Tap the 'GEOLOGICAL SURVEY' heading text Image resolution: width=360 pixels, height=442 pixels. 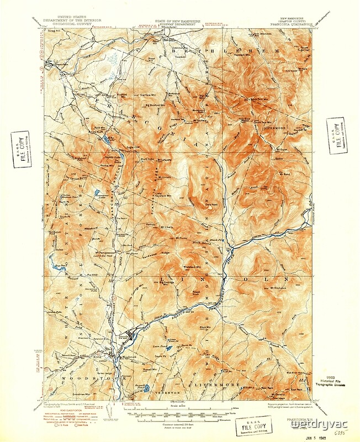(71, 24)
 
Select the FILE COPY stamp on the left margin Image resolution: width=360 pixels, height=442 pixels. (21, 149)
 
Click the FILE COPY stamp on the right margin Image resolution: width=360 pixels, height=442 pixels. (336, 132)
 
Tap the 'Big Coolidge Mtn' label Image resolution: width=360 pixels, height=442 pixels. (172, 283)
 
